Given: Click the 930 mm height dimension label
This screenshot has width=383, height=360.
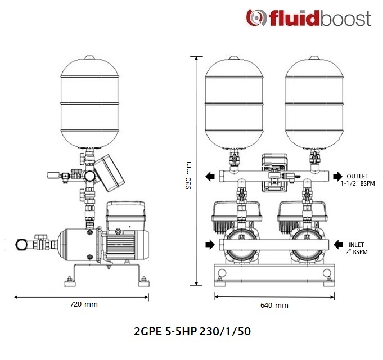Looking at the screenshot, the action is [x=188, y=175].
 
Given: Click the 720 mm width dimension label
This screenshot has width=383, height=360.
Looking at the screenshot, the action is [x=84, y=304].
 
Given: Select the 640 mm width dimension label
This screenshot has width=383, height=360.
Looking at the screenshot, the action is [x=274, y=305].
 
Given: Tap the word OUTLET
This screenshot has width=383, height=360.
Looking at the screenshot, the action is [x=357, y=176].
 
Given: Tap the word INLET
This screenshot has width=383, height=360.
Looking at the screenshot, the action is [x=356, y=245].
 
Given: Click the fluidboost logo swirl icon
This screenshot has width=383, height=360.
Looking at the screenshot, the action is [x=256, y=17].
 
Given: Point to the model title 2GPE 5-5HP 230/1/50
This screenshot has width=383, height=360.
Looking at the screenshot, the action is [x=192, y=332].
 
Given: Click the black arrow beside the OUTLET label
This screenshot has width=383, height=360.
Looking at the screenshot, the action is [x=338, y=176].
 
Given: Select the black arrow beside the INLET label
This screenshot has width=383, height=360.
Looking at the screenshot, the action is [x=339, y=244].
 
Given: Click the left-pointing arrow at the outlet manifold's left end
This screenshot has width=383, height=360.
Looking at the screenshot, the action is [x=210, y=176].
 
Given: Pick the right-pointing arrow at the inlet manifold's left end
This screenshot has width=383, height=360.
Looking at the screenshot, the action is [x=210, y=244].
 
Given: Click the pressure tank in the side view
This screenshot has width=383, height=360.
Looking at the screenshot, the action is [x=89, y=102].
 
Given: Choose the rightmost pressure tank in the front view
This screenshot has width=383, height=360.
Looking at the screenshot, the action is [x=314, y=102].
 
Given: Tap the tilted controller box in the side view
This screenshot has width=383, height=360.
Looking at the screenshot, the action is [x=109, y=173].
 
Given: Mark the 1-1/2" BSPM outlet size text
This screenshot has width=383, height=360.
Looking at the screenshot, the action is [x=358, y=183].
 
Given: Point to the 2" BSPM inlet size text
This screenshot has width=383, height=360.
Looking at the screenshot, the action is [x=357, y=252].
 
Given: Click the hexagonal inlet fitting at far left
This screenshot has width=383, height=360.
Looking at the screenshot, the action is [x=21, y=244].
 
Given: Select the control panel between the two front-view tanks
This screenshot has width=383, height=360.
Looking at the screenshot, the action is [x=274, y=173].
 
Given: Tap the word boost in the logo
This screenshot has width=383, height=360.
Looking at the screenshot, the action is [x=346, y=19].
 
